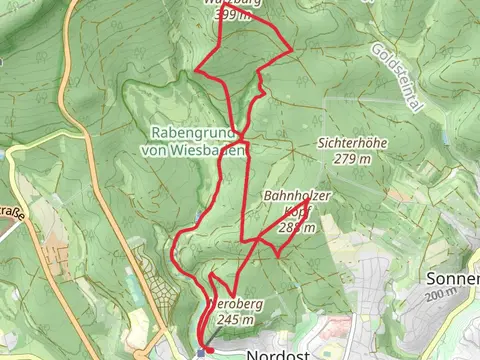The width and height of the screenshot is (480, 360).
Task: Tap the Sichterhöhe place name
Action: pyautogui.click(x=351, y=143)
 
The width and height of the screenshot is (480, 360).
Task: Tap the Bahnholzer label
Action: pyautogui.click(x=297, y=196)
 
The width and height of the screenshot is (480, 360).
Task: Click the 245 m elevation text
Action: pyautogui.click(x=235, y=320)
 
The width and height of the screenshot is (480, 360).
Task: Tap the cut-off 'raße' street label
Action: pyautogui.click(x=12, y=213)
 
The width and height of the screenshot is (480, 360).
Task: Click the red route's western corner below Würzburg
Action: pyautogui.click(x=197, y=73)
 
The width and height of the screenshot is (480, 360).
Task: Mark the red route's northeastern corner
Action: pyautogui.click(x=291, y=49)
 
